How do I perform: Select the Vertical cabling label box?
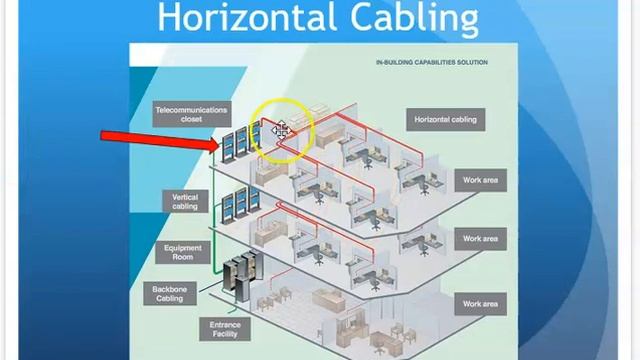[185, 202]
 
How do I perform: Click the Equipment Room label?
[183, 253]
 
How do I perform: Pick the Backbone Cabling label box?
[170, 294]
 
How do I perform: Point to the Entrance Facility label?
[225, 329]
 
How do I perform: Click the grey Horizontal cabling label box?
[445, 120]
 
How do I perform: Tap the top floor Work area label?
[480, 181]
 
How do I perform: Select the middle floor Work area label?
[480, 240]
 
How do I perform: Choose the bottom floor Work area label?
[480, 303]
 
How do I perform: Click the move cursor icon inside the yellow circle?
[280, 130]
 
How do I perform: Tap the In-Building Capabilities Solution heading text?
[432, 62]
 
